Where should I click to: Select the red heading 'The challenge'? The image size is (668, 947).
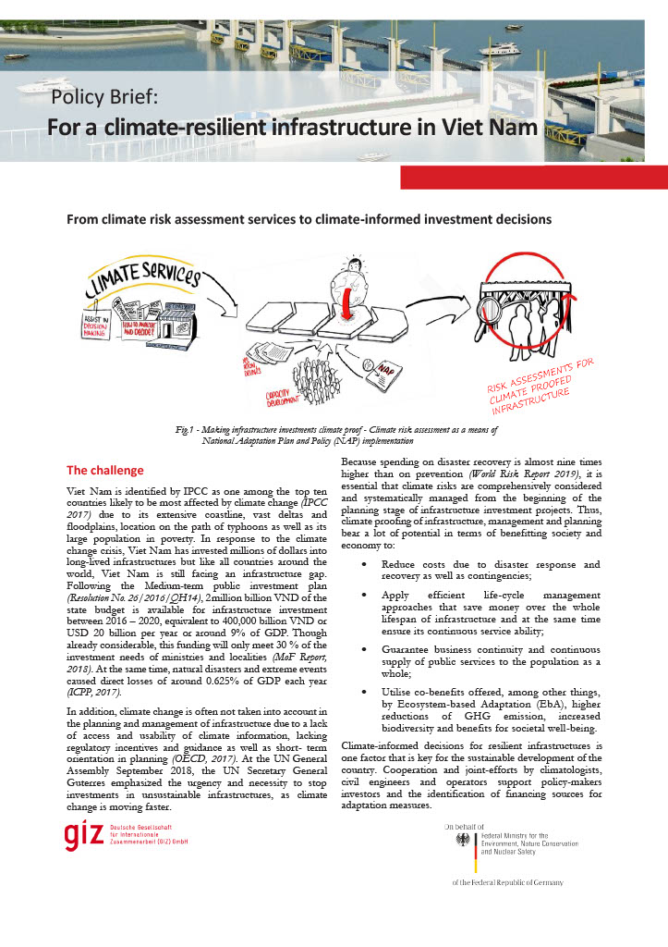[105, 470]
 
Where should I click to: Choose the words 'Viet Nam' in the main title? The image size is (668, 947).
[492, 127]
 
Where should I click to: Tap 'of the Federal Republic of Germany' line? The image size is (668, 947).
[507, 882]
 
